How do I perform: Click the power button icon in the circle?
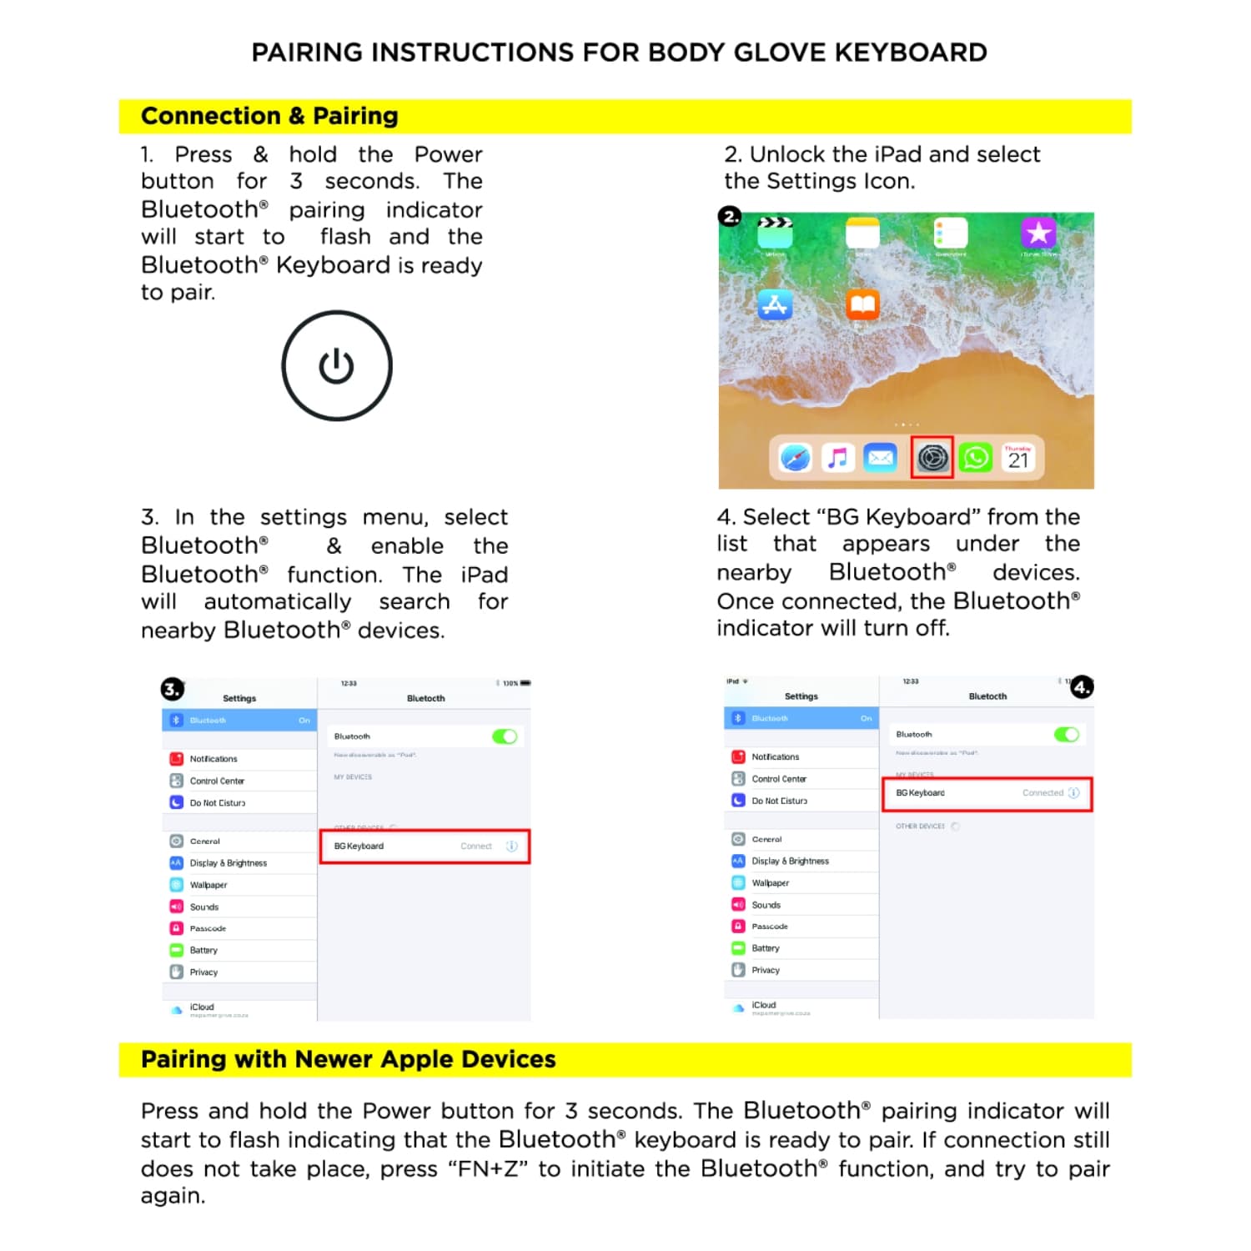(337, 366)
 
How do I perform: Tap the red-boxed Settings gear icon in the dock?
(932, 457)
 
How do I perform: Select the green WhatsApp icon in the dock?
(975, 457)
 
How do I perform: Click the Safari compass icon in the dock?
(795, 458)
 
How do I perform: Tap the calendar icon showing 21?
(1018, 457)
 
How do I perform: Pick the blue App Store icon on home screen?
(775, 306)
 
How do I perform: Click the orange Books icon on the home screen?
(862, 305)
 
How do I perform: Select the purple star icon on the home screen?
(1038, 233)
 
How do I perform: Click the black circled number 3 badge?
(172, 689)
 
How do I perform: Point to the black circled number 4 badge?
(1082, 687)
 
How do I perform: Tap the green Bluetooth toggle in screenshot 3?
(505, 736)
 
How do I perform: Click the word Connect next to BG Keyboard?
(476, 846)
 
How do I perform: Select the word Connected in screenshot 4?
(1042, 792)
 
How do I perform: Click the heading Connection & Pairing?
(269, 116)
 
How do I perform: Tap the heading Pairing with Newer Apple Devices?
(348, 1059)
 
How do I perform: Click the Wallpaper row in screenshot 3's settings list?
(208, 885)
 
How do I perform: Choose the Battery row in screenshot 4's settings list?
(765, 948)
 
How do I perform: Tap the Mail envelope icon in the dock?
(880, 458)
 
